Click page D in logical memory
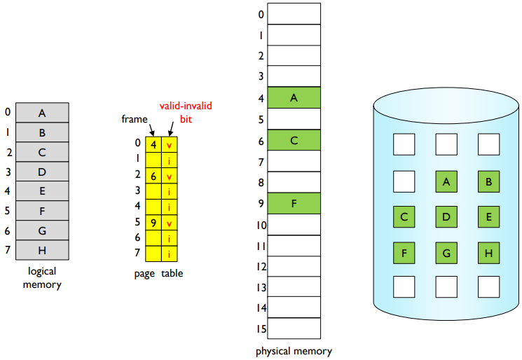click(42, 172)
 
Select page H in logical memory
click(42, 249)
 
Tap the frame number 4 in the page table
click(153, 145)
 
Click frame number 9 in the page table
click(153, 223)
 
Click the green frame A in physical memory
click(294, 98)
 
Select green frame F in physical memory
click(294, 203)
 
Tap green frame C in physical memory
click(294, 140)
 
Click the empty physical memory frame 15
click(294, 328)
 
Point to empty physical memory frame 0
click(294, 14)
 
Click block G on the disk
click(446, 252)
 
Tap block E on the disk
click(488, 217)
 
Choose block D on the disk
click(446, 217)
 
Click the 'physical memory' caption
click(294, 351)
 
